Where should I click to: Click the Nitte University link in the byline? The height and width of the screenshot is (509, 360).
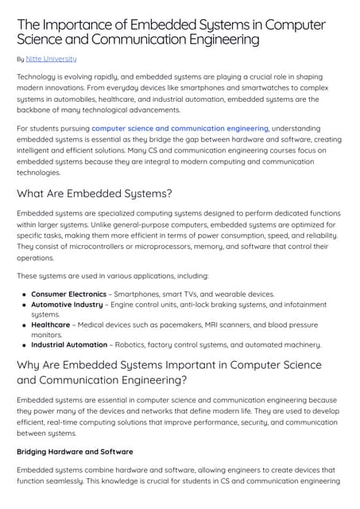52,59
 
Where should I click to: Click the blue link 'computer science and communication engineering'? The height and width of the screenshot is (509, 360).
180,127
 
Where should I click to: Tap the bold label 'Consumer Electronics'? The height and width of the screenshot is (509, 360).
68,293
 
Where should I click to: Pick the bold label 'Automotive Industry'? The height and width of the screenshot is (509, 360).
67,305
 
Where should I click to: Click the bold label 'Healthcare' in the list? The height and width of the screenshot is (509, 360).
50,324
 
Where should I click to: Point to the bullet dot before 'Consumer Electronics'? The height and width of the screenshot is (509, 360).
25,294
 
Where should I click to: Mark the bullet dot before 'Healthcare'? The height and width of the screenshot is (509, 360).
25,325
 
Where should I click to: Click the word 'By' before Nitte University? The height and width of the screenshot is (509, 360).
21,59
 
